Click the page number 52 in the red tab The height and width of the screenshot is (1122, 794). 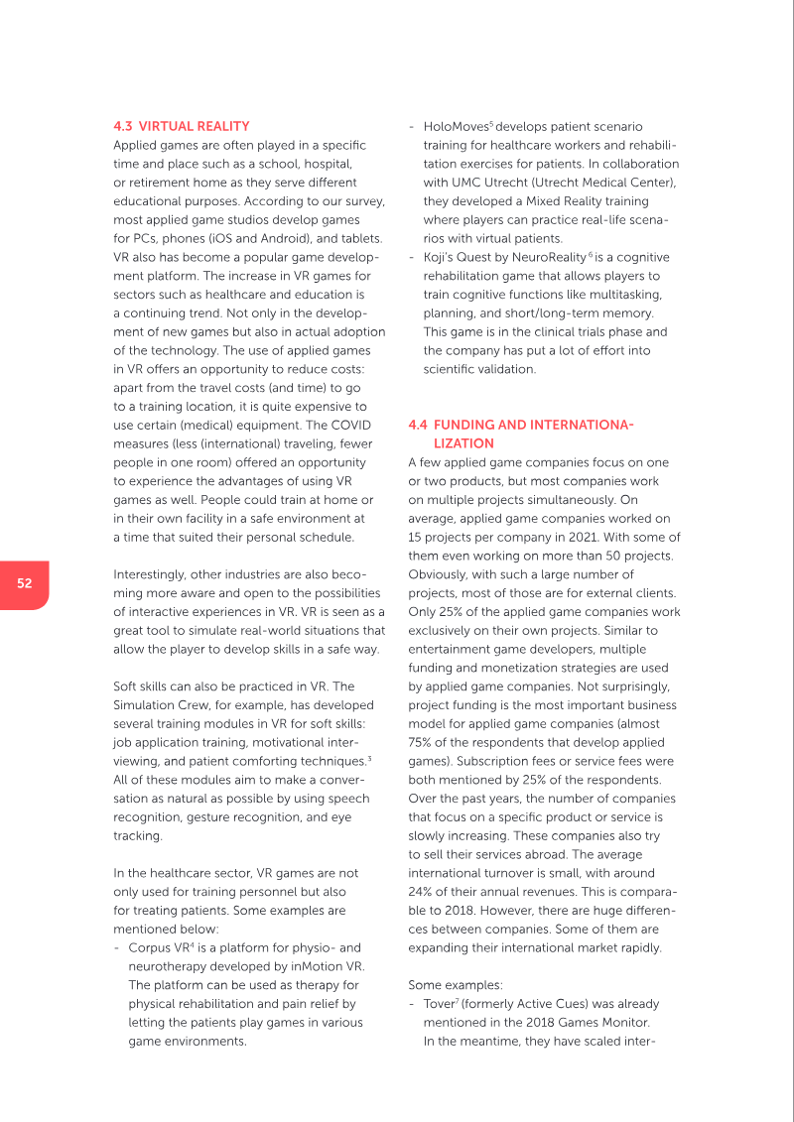coord(24,583)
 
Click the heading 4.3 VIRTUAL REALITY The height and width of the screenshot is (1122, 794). coord(181,127)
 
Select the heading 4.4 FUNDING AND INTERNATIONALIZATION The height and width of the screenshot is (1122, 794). coord(521,435)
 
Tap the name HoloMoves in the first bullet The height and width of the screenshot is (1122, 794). coord(456,127)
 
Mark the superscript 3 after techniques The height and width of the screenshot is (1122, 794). coord(370,758)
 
